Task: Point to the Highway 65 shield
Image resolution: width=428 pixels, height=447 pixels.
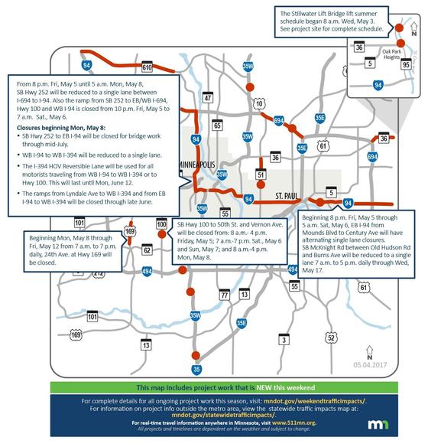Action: (218, 125)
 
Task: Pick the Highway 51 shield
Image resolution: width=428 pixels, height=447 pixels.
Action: (261, 175)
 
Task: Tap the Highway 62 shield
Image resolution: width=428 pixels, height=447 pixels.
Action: (147, 250)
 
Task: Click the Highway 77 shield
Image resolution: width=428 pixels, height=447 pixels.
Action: (224, 295)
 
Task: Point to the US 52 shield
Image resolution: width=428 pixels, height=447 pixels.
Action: (331, 337)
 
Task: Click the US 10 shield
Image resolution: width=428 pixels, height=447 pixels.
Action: (260, 103)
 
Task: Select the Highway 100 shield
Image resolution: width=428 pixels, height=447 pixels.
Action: (161, 224)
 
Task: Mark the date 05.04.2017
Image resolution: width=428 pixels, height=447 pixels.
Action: (370, 366)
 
